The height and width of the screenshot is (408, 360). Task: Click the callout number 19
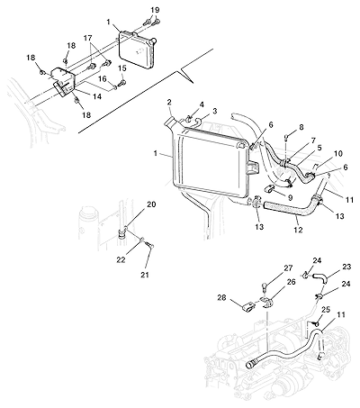155,10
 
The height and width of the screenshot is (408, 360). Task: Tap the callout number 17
88,38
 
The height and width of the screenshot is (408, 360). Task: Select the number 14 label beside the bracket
97,96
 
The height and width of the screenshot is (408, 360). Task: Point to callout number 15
122,68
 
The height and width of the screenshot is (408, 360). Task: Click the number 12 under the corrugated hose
298,230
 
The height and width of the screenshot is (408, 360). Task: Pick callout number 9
290,197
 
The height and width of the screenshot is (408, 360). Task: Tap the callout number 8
301,128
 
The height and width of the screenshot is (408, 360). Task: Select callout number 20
151,204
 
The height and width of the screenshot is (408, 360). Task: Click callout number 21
146,275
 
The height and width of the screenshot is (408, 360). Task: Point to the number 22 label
121,260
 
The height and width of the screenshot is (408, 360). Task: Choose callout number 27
288,268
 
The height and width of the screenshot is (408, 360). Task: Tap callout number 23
346,267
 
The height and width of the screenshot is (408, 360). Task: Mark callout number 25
326,309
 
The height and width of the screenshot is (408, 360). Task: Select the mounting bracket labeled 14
63,81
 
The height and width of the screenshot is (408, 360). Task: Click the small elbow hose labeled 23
320,277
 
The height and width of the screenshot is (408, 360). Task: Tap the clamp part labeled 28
248,307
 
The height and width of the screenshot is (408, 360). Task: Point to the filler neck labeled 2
170,122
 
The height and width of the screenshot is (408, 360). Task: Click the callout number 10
338,154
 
